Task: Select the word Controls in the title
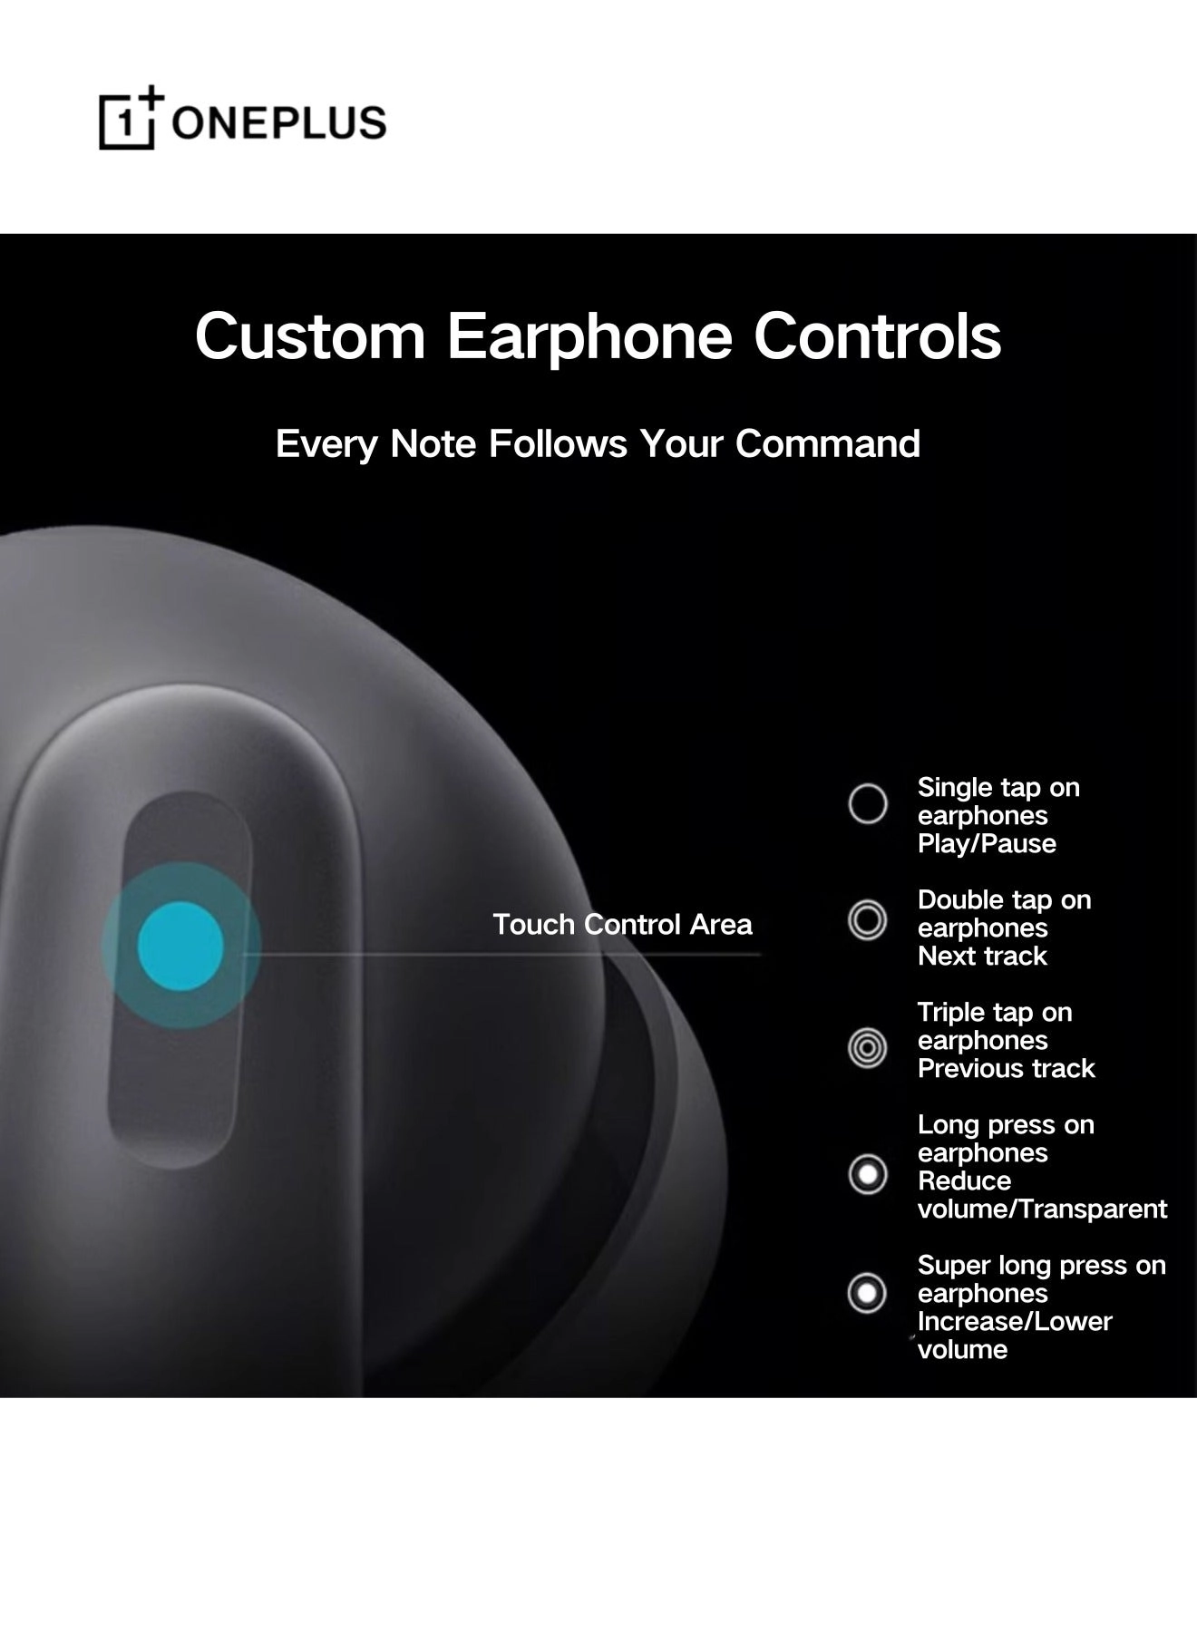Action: coord(877,335)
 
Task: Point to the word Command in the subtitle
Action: coord(827,444)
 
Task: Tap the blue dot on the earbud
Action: coord(180,946)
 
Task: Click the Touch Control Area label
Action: coord(622,925)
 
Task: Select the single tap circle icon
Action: coord(868,803)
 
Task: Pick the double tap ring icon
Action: coord(868,920)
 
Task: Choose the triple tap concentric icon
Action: coord(868,1048)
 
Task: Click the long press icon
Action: coord(868,1174)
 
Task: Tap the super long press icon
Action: coord(868,1293)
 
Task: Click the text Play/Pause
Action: coord(987,844)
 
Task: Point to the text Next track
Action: coord(982,957)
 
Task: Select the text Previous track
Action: coord(1006,1069)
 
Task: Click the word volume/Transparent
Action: coord(1042,1209)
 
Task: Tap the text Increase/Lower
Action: coord(1015,1322)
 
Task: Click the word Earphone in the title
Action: coord(589,337)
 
